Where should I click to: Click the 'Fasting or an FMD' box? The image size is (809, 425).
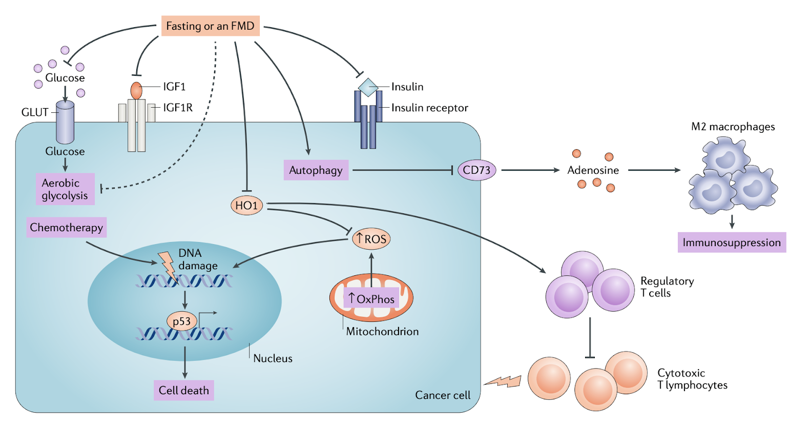[210, 26]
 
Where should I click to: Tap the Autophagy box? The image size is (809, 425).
[316, 170]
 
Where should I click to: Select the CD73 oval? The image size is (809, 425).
[476, 170]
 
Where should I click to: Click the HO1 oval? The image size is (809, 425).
[246, 206]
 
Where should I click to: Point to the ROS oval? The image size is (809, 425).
[371, 239]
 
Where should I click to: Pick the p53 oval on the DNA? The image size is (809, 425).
[181, 321]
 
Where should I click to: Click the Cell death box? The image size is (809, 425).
[183, 390]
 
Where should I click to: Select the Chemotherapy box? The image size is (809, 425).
[66, 227]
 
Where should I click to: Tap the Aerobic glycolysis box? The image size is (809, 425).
[65, 189]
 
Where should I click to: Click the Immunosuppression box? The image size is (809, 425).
[731, 242]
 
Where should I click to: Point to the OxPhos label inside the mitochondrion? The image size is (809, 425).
[371, 299]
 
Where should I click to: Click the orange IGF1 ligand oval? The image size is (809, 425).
[136, 91]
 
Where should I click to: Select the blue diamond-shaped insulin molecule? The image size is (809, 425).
[368, 88]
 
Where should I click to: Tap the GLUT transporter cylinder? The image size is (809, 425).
[65, 122]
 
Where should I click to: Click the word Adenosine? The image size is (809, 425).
[593, 170]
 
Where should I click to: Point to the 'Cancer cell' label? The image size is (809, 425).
[442, 395]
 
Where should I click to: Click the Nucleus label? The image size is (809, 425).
[273, 358]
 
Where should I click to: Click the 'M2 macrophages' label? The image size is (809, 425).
[733, 127]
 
